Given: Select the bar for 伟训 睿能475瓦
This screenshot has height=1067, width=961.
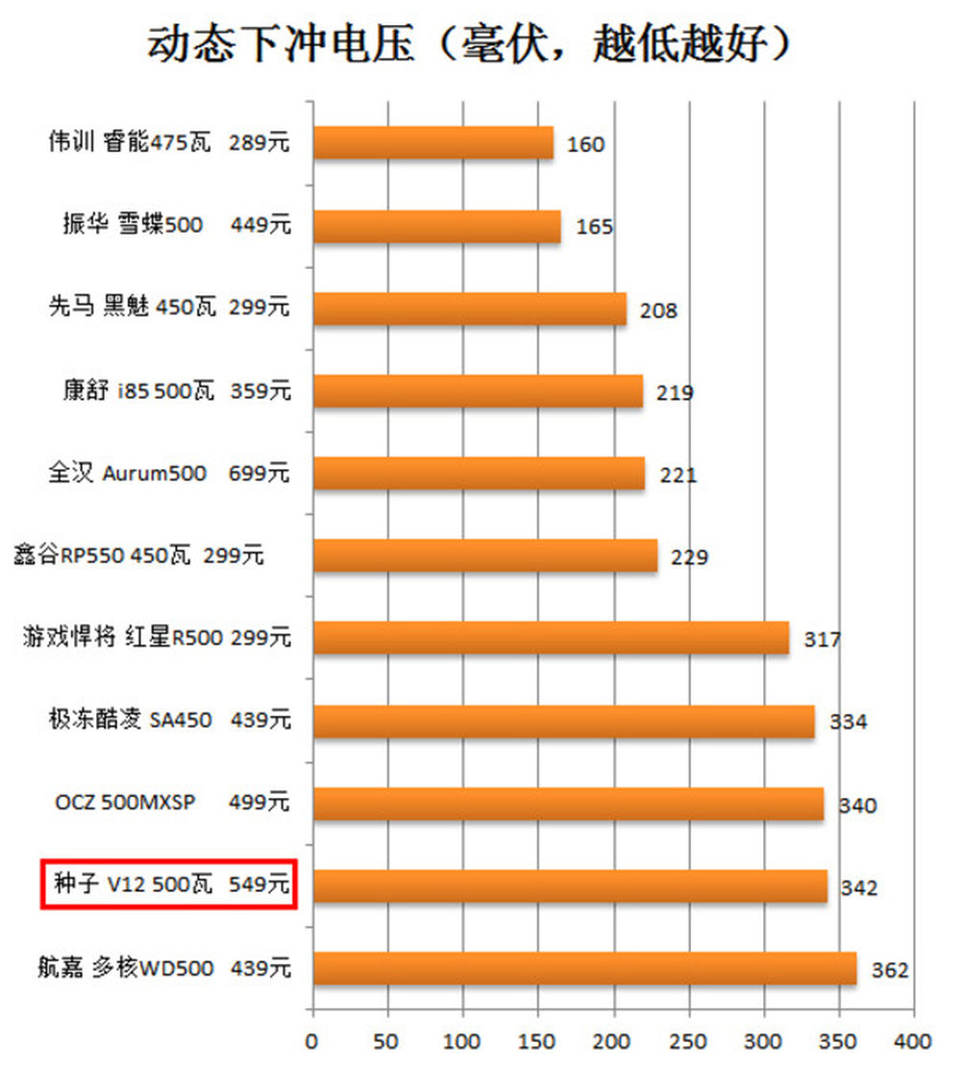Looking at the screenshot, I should (x=432, y=143).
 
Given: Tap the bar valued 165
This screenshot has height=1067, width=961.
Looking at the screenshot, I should (x=436, y=227).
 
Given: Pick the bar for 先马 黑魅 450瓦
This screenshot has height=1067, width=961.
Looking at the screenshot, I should (x=469, y=309).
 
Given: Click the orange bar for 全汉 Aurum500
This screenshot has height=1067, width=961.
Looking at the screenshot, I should (x=478, y=473).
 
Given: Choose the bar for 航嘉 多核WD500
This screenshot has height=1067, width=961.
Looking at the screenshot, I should (x=583, y=968).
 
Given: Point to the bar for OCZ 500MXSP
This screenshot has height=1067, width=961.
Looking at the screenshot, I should (x=567, y=803).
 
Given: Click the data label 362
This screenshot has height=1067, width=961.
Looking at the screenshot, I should (x=889, y=970).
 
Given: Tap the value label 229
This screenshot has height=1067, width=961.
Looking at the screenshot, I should (x=690, y=558).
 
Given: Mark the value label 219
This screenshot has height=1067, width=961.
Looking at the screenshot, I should (x=675, y=393).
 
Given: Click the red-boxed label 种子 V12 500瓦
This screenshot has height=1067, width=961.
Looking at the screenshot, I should (x=168, y=885).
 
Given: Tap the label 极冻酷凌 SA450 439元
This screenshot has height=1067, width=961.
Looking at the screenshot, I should (x=168, y=720).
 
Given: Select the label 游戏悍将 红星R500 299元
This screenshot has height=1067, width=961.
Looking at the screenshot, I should (x=156, y=637).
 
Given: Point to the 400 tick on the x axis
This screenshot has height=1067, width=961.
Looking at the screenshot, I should (x=914, y=1041).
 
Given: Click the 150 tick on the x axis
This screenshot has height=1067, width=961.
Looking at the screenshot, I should (x=537, y=1041).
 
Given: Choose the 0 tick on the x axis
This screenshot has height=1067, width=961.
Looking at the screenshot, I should (x=312, y=1041).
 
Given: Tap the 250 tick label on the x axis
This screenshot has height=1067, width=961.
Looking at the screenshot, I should (x=688, y=1041).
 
